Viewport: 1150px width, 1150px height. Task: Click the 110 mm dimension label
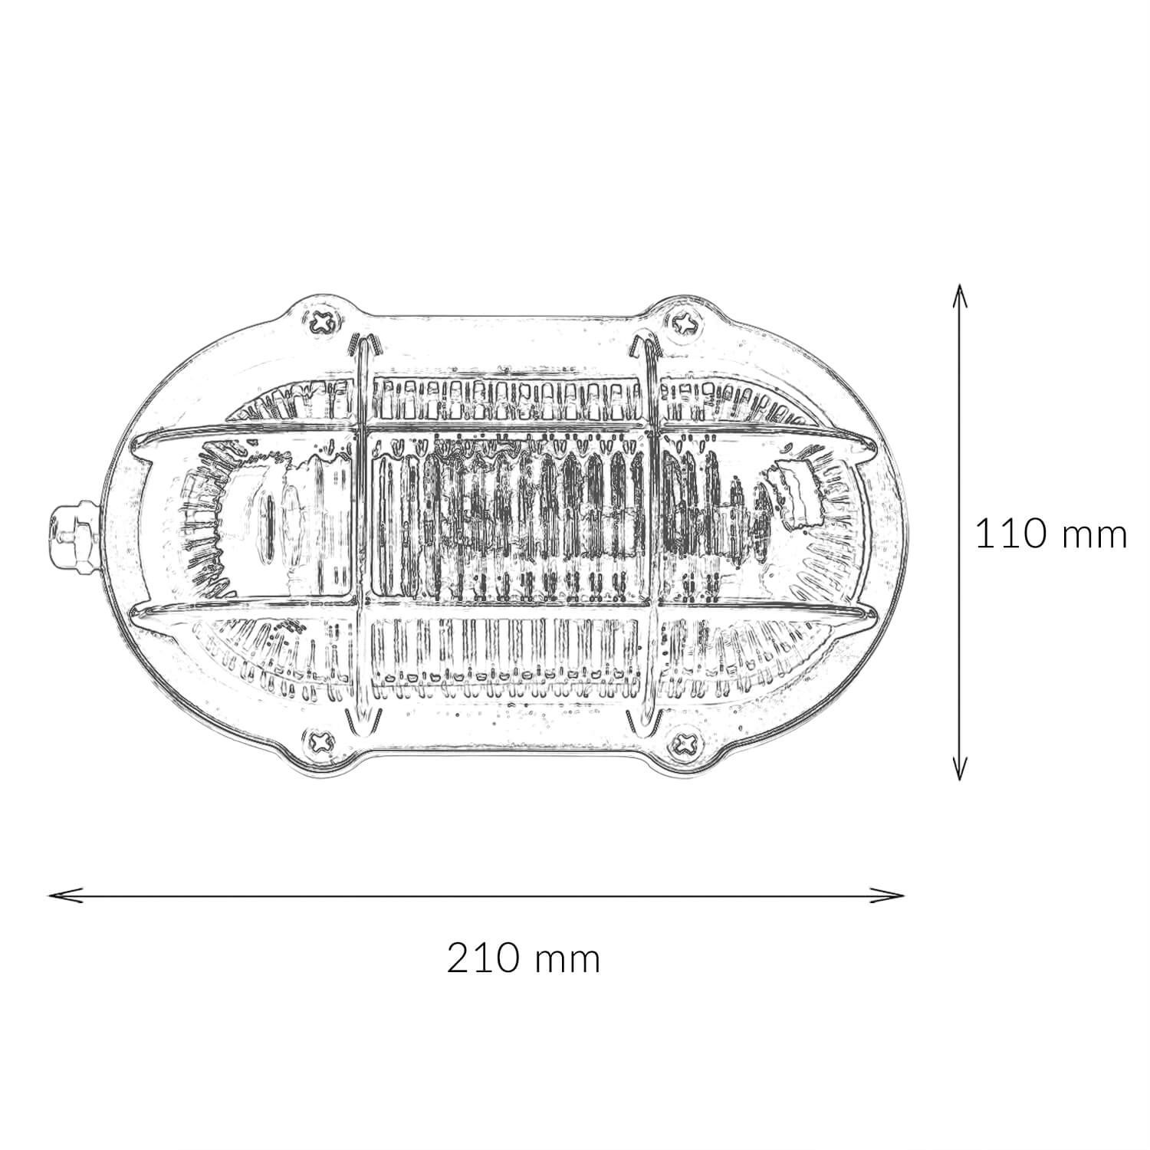pos(1050,534)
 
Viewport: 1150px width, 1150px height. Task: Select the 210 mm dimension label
pos(524,958)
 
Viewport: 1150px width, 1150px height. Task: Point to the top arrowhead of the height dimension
pos(959,295)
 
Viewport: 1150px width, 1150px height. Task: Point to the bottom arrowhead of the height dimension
pos(959,768)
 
